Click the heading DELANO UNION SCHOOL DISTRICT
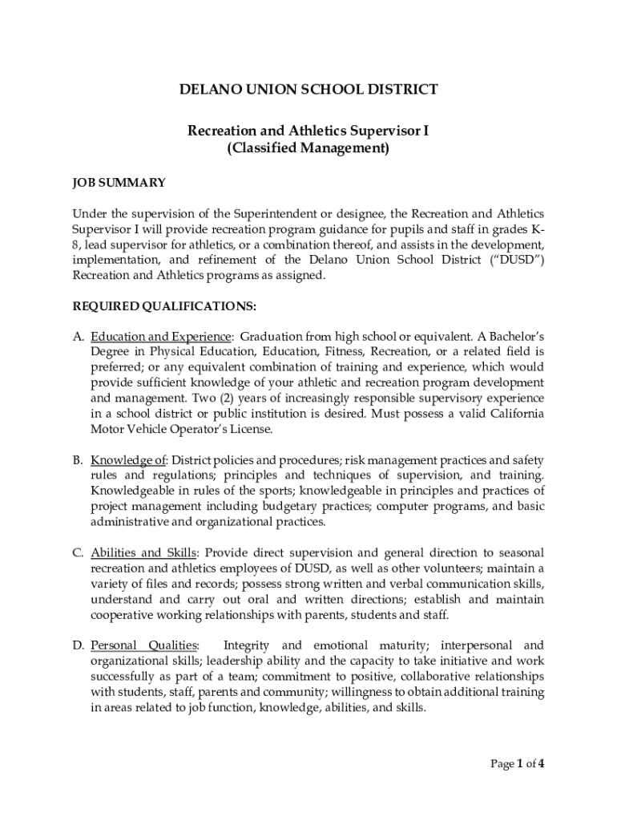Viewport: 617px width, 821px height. click(x=308, y=89)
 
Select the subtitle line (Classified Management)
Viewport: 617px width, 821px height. click(x=308, y=148)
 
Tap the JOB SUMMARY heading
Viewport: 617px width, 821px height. click(x=119, y=183)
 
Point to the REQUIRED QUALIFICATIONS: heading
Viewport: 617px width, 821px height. click(x=164, y=305)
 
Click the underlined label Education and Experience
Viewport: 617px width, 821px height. click(x=161, y=336)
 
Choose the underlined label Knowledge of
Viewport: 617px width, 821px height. click(x=127, y=460)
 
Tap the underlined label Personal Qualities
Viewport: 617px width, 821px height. click(x=144, y=645)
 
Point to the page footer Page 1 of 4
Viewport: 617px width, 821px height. click(x=518, y=763)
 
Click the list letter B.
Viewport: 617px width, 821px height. click(x=78, y=460)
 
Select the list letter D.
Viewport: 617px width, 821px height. click(x=78, y=645)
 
